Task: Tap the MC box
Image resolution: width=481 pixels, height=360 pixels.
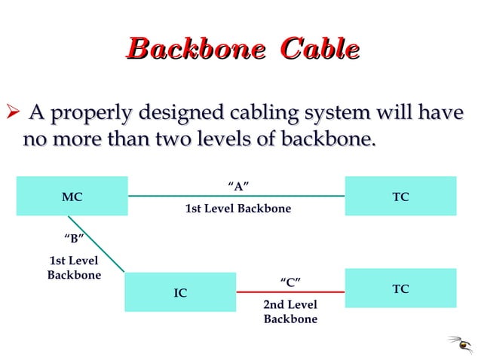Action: [72, 197]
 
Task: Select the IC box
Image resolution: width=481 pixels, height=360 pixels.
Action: [180, 292]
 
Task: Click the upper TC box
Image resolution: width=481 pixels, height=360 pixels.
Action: [400, 196]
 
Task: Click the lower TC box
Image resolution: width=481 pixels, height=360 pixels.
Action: [400, 288]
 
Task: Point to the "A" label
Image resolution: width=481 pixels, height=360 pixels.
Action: [237, 186]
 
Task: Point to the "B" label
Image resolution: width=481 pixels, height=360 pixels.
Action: [73, 239]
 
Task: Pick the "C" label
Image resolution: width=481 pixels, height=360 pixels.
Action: [290, 282]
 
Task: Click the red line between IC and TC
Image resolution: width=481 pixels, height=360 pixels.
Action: [290, 291]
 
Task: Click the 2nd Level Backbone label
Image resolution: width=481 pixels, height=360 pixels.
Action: [290, 312]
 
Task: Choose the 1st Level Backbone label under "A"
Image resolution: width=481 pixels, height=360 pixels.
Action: [237, 209]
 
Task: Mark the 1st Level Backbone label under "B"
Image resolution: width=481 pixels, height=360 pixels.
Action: [74, 268]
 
